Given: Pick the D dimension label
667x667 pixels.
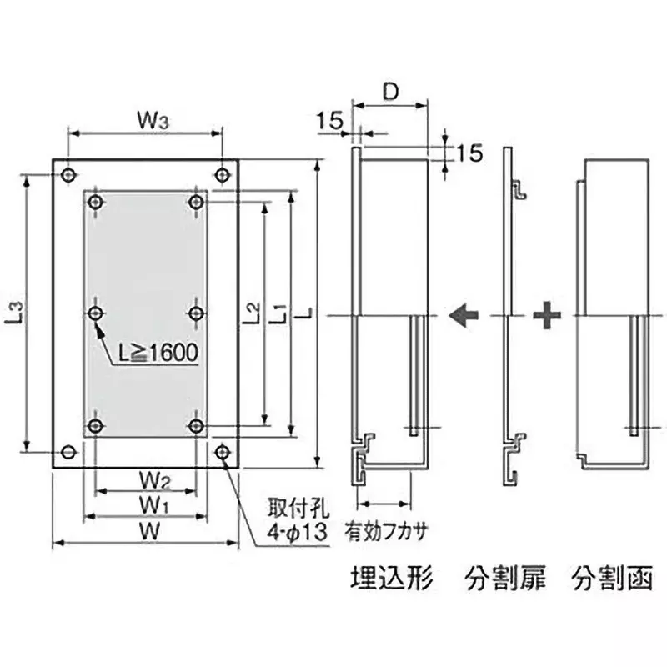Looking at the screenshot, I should click(x=389, y=93).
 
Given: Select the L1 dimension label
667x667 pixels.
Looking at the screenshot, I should click(x=279, y=313).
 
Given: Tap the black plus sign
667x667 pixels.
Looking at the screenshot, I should click(x=546, y=316).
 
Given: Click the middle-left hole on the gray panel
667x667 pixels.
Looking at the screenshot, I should click(x=96, y=313).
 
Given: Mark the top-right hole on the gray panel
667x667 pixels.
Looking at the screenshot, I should click(x=197, y=202).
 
